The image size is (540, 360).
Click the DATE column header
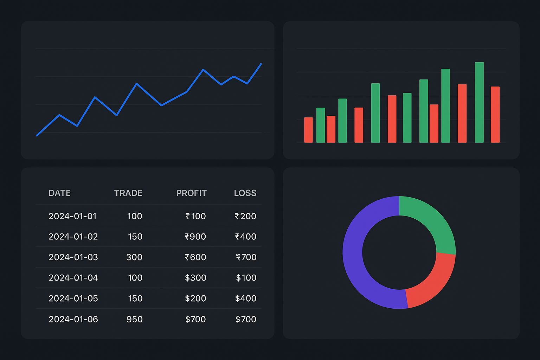pos(59,193)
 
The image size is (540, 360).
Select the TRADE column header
pos(128,193)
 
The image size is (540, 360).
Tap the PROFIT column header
pos(191,193)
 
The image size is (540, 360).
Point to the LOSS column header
pos(245,193)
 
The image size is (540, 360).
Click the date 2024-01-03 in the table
pos(73,257)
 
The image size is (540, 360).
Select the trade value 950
pos(134,319)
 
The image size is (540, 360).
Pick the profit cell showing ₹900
pos(195,237)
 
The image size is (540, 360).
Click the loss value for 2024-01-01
pos(245,216)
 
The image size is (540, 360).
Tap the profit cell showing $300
pos(195,278)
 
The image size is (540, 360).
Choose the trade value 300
pos(134,257)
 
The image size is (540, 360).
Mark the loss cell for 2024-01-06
pos(246,319)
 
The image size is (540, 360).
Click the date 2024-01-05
pos(73,298)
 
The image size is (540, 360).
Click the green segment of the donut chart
pos(432,221)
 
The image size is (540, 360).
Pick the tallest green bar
pos(479,102)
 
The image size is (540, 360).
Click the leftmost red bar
pos(308,130)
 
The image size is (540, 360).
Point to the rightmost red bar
pos(495,114)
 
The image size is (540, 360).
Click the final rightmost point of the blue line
pos(261,64)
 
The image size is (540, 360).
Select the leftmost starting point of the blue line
pos(37,135)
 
